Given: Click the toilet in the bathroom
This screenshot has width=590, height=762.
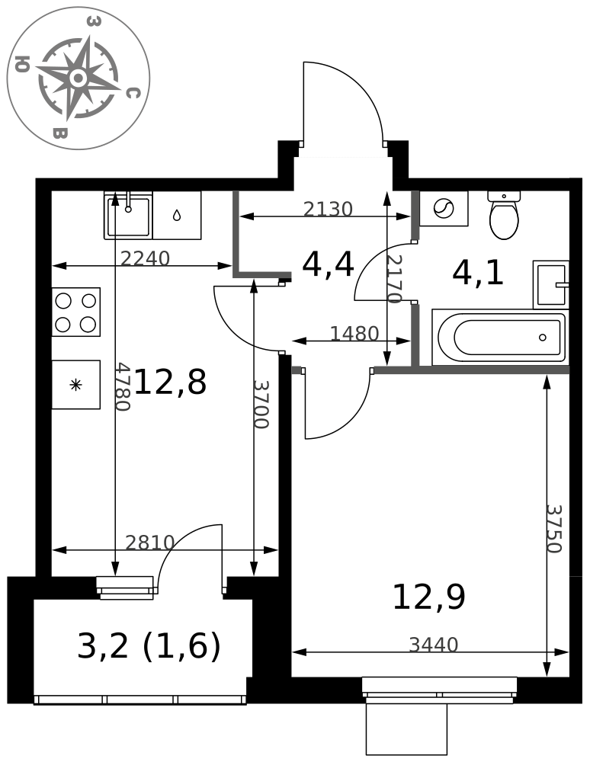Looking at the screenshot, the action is click(504, 216).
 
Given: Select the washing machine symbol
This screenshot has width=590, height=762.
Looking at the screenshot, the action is click(444, 209).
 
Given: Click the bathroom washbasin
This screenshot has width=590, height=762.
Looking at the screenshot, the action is click(550, 284).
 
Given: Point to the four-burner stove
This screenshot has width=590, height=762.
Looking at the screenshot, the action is click(75, 312).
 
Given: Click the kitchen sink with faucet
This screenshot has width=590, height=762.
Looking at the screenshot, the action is click(128, 215).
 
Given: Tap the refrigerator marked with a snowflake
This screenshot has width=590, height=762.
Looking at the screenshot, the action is click(75, 385).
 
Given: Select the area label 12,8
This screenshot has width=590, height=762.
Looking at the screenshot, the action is click(170, 382).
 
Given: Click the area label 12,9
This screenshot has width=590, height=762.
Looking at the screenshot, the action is click(428, 597).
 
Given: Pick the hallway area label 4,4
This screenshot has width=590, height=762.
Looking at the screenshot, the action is click(328, 264).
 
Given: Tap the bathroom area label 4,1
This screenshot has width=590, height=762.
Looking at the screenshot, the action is click(478, 273).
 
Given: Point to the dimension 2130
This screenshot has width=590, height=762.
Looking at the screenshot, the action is click(328, 209).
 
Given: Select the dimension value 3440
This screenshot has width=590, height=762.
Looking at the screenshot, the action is click(434, 645).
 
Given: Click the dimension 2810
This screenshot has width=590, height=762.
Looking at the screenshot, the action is click(149, 543).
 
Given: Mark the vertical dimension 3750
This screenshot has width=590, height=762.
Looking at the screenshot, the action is click(554, 529).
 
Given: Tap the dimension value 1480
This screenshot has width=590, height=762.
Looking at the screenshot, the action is click(354, 334).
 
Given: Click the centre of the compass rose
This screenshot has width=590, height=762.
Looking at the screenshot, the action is click(79, 78).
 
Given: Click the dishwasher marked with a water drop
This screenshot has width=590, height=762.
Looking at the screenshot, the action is click(177, 215).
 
